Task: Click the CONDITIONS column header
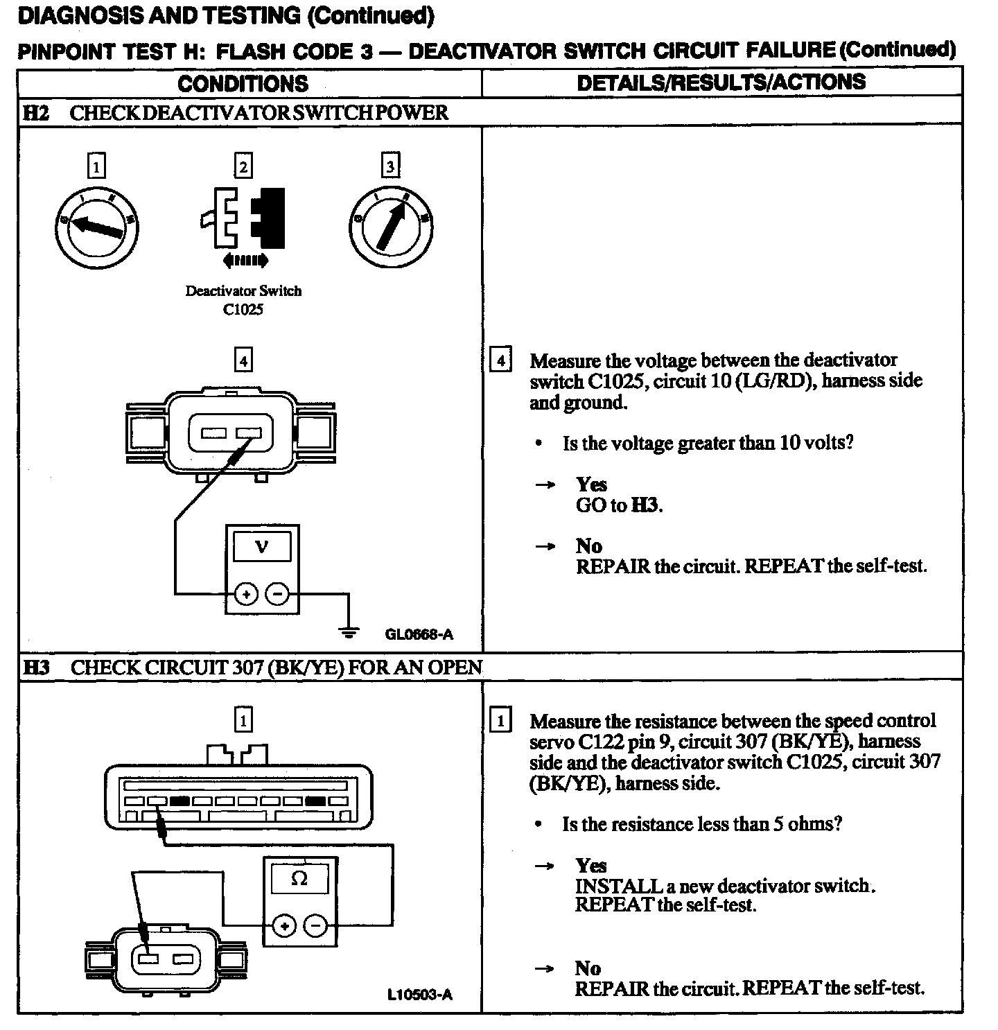(243, 83)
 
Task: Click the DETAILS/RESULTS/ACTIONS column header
(721, 82)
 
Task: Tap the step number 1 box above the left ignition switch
(96, 166)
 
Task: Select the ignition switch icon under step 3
(391, 227)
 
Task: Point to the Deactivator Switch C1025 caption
(243, 300)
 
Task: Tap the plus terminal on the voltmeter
(246, 595)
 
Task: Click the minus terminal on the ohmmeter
(315, 926)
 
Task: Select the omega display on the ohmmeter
(299, 879)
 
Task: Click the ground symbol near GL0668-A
(349, 630)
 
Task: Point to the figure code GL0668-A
(419, 634)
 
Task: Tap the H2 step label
(35, 112)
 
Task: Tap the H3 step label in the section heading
(36, 667)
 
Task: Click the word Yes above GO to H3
(591, 485)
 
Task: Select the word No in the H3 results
(588, 968)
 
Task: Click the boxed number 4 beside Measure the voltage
(500, 361)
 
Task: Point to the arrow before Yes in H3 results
(545, 866)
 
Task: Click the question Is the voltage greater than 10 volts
(708, 443)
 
